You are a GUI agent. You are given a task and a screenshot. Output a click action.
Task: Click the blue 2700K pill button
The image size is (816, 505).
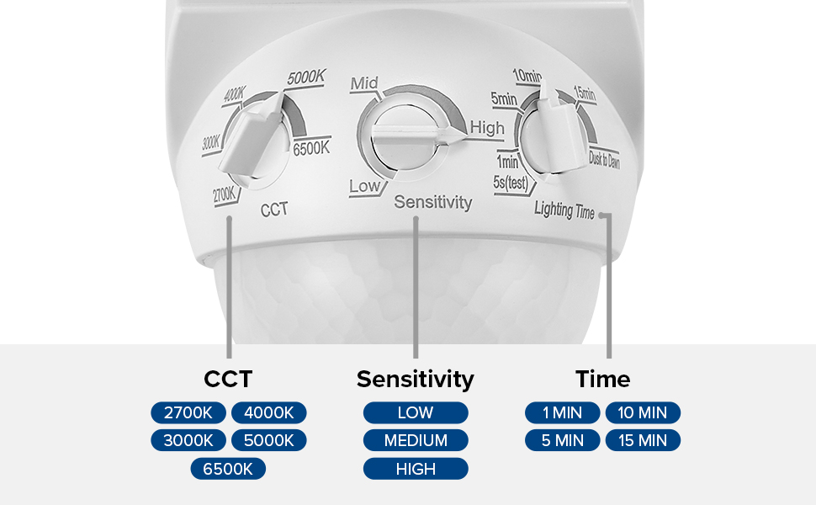[x=188, y=413]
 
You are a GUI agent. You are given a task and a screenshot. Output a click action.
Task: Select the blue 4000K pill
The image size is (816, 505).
[x=268, y=413]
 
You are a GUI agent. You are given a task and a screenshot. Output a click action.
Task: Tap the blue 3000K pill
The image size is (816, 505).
[x=188, y=440]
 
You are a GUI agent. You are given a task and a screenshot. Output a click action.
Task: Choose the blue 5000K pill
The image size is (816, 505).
[x=268, y=440]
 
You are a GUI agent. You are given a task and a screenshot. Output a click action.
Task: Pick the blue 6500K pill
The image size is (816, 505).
[x=228, y=469]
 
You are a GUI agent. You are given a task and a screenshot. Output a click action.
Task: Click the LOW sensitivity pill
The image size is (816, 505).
[x=416, y=413]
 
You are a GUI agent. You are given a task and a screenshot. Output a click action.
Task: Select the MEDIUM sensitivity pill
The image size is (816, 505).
[x=416, y=440]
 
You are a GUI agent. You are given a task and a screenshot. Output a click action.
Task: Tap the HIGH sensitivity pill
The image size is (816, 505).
[x=416, y=469]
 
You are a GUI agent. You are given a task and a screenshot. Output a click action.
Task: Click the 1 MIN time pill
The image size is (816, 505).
[x=563, y=413]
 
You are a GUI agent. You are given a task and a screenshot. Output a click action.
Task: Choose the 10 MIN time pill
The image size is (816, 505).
[x=643, y=413]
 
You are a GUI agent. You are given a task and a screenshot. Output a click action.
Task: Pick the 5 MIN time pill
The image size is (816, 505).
[x=563, y=440]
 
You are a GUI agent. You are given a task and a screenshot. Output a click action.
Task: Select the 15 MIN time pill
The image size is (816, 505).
[x=643, y=440]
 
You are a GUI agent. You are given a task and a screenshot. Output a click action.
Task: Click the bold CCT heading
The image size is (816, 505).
[x=228, y=379]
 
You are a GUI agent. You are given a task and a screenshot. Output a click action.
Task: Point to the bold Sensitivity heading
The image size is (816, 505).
[x=416, y=380]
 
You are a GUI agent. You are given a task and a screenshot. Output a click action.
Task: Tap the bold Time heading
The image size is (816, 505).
[x=603, y=379]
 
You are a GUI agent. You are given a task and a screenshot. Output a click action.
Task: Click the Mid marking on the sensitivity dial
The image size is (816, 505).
[x=364, y=83]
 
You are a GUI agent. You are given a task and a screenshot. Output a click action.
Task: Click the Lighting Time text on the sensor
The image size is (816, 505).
[x=564, y=210]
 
